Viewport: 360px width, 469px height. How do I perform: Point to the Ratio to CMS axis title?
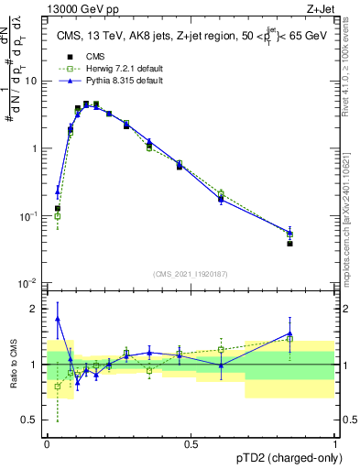pos(15,365)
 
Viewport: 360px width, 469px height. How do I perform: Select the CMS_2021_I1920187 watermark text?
pos(191,274)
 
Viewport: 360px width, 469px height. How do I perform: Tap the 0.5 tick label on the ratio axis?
pos(31,420)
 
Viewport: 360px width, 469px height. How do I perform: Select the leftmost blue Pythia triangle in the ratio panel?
pos(58,319)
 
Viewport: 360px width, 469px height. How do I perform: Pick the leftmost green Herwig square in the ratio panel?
pos(58,387)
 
